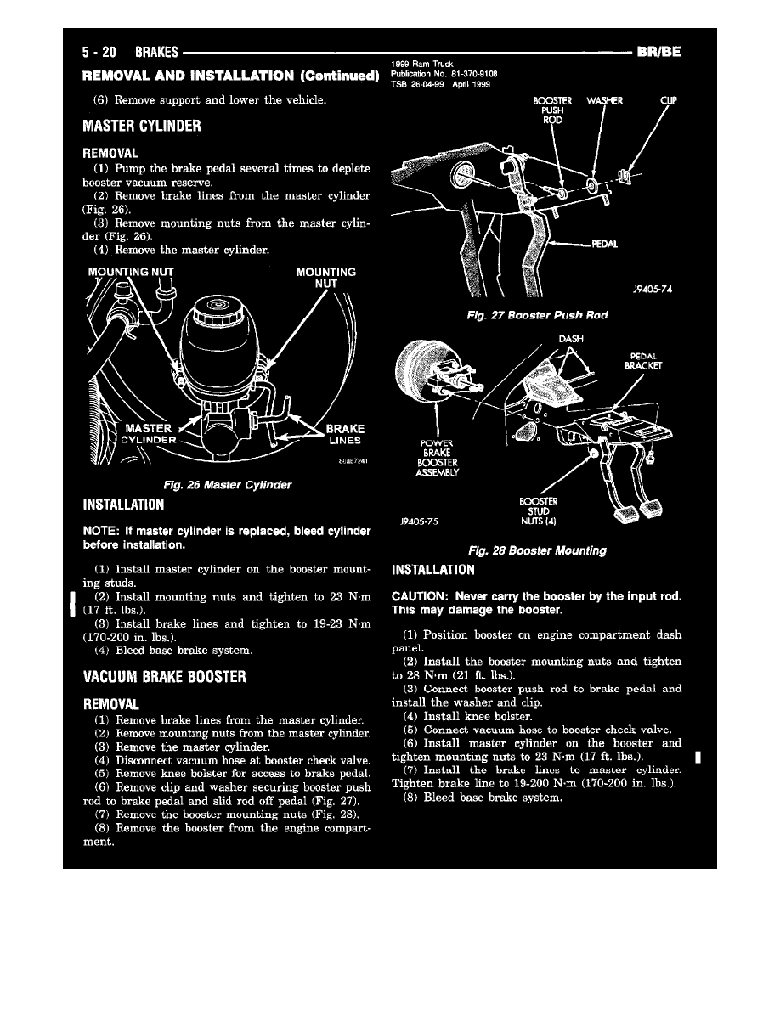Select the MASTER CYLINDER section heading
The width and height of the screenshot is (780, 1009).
tap(141, 127)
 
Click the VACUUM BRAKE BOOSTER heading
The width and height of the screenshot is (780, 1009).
tap(164, 677)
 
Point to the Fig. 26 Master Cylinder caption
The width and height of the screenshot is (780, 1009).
tap(229, 485)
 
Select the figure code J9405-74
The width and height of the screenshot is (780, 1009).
tap(653, 289)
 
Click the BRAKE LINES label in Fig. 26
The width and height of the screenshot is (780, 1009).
tap(344, 434)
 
